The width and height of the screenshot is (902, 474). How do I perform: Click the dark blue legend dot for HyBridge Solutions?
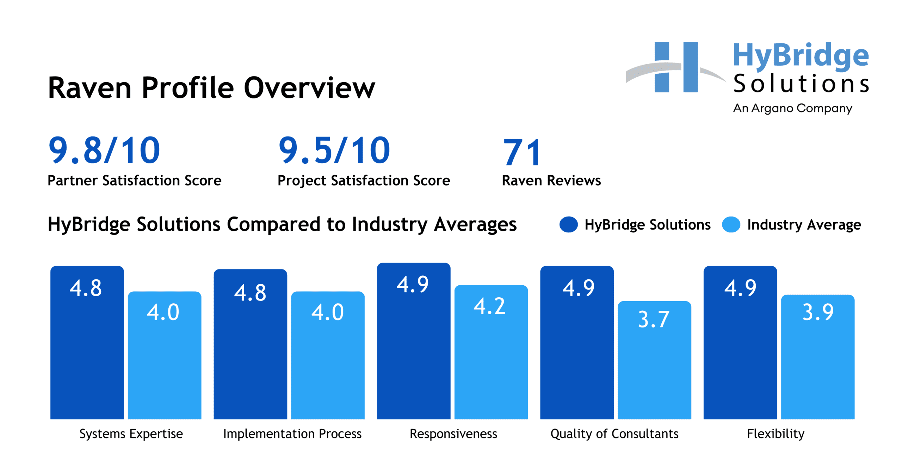click(x=568, y=225)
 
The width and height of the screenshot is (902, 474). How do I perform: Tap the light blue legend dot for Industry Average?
click(x=731, y=225)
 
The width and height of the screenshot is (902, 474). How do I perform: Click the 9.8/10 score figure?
click(x=104, y=151)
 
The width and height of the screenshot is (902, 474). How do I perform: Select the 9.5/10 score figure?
click(x=334, y=151)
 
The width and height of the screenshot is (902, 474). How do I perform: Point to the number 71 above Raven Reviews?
click(x=522, y=152)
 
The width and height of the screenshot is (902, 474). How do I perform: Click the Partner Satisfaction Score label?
click(x=134, y=181)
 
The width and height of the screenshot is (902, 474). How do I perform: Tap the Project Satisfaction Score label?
click(x=364, y=181)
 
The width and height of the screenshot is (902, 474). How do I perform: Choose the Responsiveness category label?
click(x=453, y=433)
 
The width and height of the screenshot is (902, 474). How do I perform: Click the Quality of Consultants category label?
click(x=614, y=433)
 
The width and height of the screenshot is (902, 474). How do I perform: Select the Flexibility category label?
click(x=776, y=433)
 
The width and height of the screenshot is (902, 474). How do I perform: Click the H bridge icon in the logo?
click(x=676, y=67)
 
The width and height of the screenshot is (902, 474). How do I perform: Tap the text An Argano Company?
click(x=792, y=108)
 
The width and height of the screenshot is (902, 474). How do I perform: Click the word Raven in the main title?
click(x=89, y=88)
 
